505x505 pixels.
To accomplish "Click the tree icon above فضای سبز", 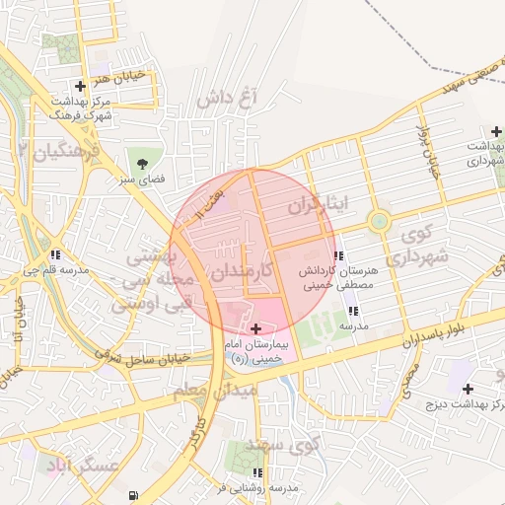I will pyautogui.click(x=142, y=161).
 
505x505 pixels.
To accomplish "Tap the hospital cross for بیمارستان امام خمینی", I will pyautogui.click(x=257, y=328).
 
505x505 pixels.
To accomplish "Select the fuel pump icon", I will pyautogui.click(x=133, y=496).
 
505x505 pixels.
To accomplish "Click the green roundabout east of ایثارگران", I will pyautogui.click(x=379, y=221).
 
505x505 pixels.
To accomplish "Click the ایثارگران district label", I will pyautogui.click(x=319, y=205).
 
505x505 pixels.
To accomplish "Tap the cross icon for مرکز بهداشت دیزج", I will pyautogui.click(x=468, y=389).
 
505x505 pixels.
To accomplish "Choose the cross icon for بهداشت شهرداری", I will pyautogui.click(x=496, y=131).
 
